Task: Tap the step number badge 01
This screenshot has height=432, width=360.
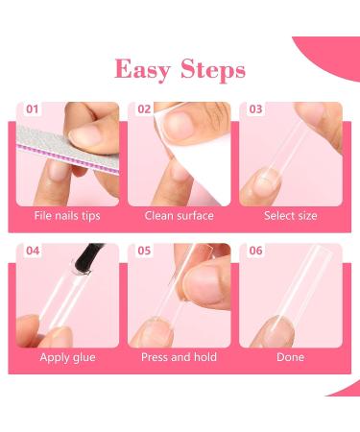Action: [34, 109]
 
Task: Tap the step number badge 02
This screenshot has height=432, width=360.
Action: [144, 109]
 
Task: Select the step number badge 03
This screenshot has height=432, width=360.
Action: [255, 109]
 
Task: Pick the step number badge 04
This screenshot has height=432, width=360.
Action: [34, 252]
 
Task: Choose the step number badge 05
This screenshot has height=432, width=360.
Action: [144, 252]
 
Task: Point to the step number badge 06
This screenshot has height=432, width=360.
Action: [255, 252]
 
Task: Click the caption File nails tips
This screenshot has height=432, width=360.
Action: [67, 216]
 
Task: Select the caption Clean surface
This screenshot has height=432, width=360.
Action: [179, 216]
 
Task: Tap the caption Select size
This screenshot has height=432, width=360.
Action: [290, 216]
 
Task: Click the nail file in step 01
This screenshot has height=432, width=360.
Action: [58, 144]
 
